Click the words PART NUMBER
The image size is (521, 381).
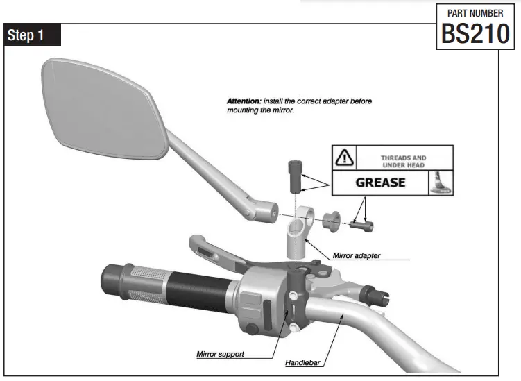click(x=476, y=12)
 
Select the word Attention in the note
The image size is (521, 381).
click(x=243, y=101)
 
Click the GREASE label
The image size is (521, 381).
click(x=380, y=183)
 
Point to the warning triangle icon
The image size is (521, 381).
click(x=345, y=159)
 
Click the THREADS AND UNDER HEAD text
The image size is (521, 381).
click(x=403, y=162)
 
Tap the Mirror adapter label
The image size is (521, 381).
click(x=356, y=255)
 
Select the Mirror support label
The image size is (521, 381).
click(x=220, y=354)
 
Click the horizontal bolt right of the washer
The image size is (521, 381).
click(x=361, y=224)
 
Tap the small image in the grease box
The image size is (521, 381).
click(x=439, y=183)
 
